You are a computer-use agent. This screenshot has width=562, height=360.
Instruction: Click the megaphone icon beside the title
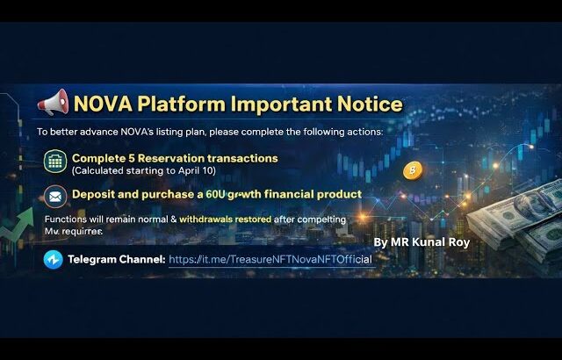(x=54, y=104)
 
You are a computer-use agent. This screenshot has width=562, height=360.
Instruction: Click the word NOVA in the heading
(x=104, y=104)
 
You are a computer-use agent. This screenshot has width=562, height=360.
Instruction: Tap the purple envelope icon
(x=55, y=195)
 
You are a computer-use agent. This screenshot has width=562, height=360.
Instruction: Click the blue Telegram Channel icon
(x=53, y=259)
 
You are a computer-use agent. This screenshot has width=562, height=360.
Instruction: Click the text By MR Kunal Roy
(x=422, y=241)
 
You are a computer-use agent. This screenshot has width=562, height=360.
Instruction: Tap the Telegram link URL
(x=270, y=260)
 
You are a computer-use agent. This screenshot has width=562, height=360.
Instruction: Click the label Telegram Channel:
(x=116, y=260)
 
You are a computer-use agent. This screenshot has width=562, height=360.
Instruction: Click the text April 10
(x=198, y=169)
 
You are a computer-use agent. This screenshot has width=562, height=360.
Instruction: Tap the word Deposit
(x=95, y=193)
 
